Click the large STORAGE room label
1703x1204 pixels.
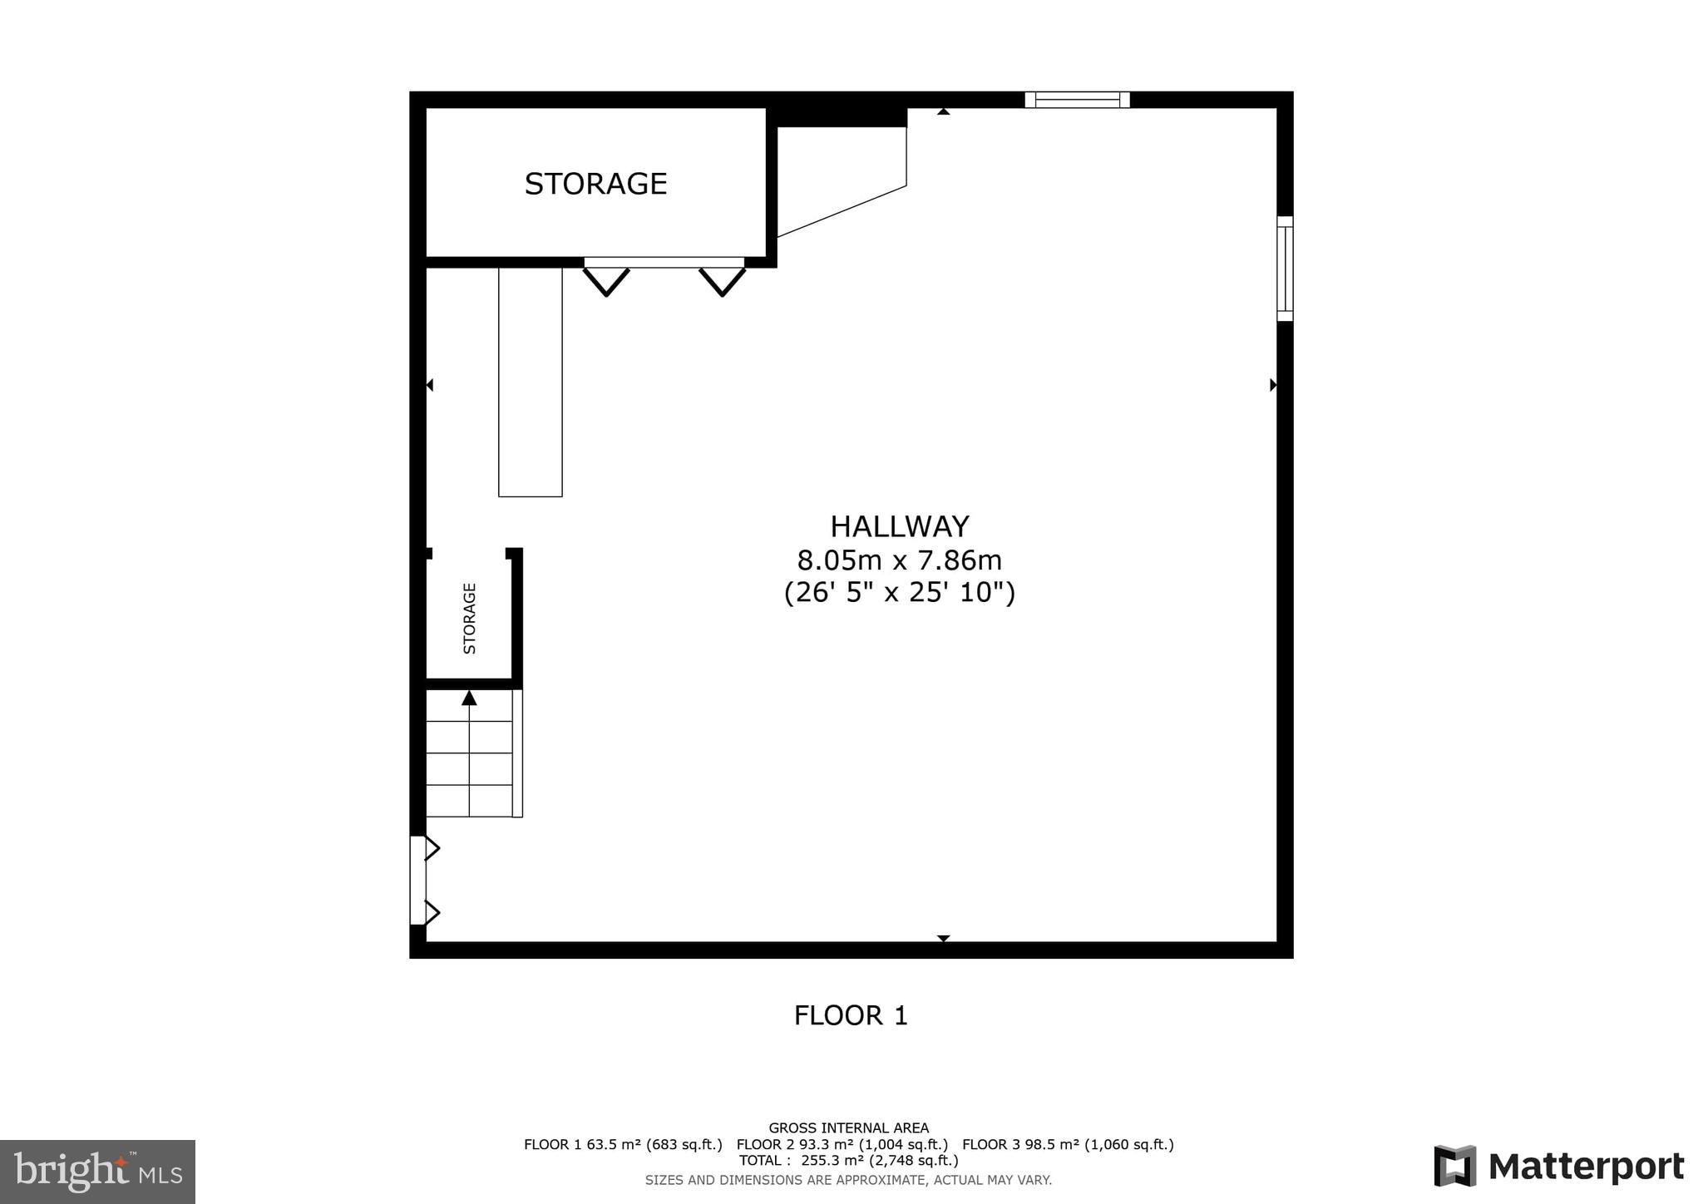pyautogui.click(x=595, y=184)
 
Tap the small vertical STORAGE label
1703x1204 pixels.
pyautogui.click(x=470, y=618)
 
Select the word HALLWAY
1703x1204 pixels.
pyautogui.click(x=900, y=526)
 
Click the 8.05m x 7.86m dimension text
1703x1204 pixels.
pyautogui.click(x=900, y=560)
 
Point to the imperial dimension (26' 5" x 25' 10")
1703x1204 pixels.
pyautogui.click(x=900, y=593)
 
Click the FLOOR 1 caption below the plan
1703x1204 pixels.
pyautogui.click(x=851, y=1015)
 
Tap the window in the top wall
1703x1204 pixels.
pyautogui.click(x=1077, y=100)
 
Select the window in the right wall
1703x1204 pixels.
pyautogui.click(x=1285, y=269)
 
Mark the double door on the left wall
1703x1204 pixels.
pyautogui.click(x=418, y=881)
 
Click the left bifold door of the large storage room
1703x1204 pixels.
pyautogui.click(x=606, y=281)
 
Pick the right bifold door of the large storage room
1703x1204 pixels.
pyautogui.click(x=722, y=281)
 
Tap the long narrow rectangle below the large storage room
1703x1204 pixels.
pyautogui.click(x=531, y=382)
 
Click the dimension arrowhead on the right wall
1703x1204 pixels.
pyautogui.click(x=1273, y=385)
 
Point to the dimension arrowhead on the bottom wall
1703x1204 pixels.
pyautogui.click(x=943, y=938)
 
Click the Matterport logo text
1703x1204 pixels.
pyautogui.click(x=1586, y=1167)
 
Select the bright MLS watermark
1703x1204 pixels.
pyautogui.click(x=97, y=1172)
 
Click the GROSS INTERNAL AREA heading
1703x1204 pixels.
pyautogui.click(x=848, y=1128)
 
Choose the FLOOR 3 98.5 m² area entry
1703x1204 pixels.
pyautogui.click(x=1068, y=1144)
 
